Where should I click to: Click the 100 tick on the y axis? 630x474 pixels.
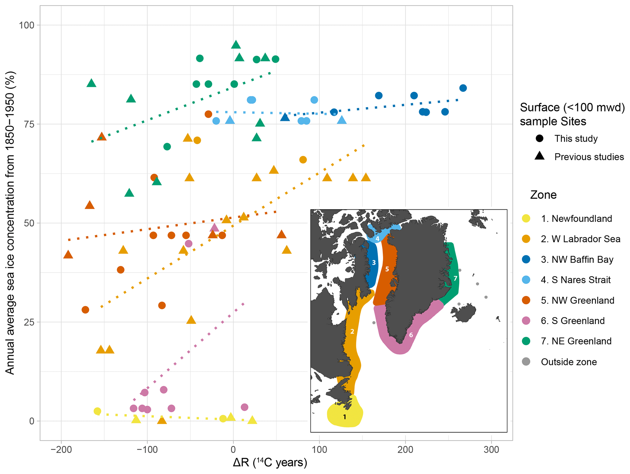click(27, 25)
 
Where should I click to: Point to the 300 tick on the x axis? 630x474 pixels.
click(491, 450)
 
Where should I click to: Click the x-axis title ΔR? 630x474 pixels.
click(270, 463)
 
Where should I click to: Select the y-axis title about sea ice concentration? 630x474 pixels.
click(10, 223)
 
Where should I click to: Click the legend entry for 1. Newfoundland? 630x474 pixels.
click(576, 219)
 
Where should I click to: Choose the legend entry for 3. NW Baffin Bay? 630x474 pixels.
click(577, 259)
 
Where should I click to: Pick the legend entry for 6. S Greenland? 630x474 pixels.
click(572, 321)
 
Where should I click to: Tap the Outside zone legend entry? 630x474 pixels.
click(568, 362)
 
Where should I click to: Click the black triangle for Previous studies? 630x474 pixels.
click(539, 156)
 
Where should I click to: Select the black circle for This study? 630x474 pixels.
click(539, 138)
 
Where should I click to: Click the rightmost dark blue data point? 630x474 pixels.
click(463, 88)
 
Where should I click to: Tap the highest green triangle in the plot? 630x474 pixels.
click(236, 45)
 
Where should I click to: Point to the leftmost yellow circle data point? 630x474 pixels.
click(97, 411)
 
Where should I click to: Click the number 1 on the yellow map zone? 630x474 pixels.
click(345, 417)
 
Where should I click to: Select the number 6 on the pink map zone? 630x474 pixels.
click(411, 335)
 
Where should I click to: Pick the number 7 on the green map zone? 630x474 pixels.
click(455, 278)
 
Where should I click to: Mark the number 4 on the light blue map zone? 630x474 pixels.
click(377, 239)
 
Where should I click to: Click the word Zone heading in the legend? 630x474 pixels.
click(543, 195)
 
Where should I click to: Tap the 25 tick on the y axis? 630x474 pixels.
click(29, 322)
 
